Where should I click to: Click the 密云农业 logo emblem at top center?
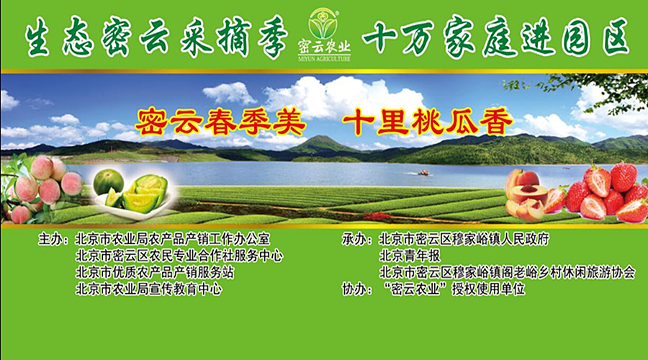[323, 24]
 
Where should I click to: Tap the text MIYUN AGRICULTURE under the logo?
[324, 59]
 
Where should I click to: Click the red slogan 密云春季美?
[220, 122]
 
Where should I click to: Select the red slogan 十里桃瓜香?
[428, 122]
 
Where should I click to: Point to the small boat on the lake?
[423, 173]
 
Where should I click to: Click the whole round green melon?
[108, 182]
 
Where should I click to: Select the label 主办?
[53, 239]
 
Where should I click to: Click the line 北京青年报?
[410, 256]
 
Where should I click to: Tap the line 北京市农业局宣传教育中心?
[149, 289]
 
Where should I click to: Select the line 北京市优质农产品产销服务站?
[155, 272]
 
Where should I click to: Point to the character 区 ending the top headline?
[616, 37]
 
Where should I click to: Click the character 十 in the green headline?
[379, 37]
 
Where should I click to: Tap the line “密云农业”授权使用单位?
[454, 289]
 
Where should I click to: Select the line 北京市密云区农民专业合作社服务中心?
[179, 256]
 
